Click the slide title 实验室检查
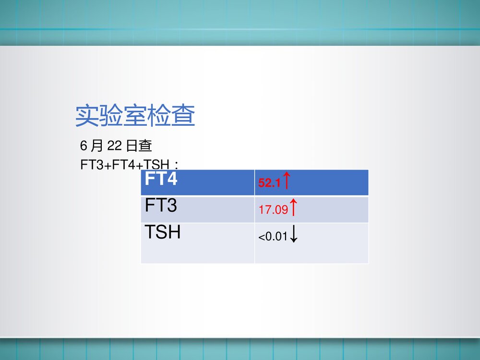point(135,116)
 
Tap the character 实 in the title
point(87,116)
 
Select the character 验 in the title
point(111,116)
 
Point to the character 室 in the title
point(135,116)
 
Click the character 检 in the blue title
point(159,116)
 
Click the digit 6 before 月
point(83,145)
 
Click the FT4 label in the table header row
point(161,180)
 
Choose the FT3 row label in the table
point(161,206)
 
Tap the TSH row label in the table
point(163,233)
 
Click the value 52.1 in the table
point(269,183)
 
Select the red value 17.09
point(273,210)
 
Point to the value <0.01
point(273,237)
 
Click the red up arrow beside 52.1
point(286,181)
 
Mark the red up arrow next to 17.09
point(293,208)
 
